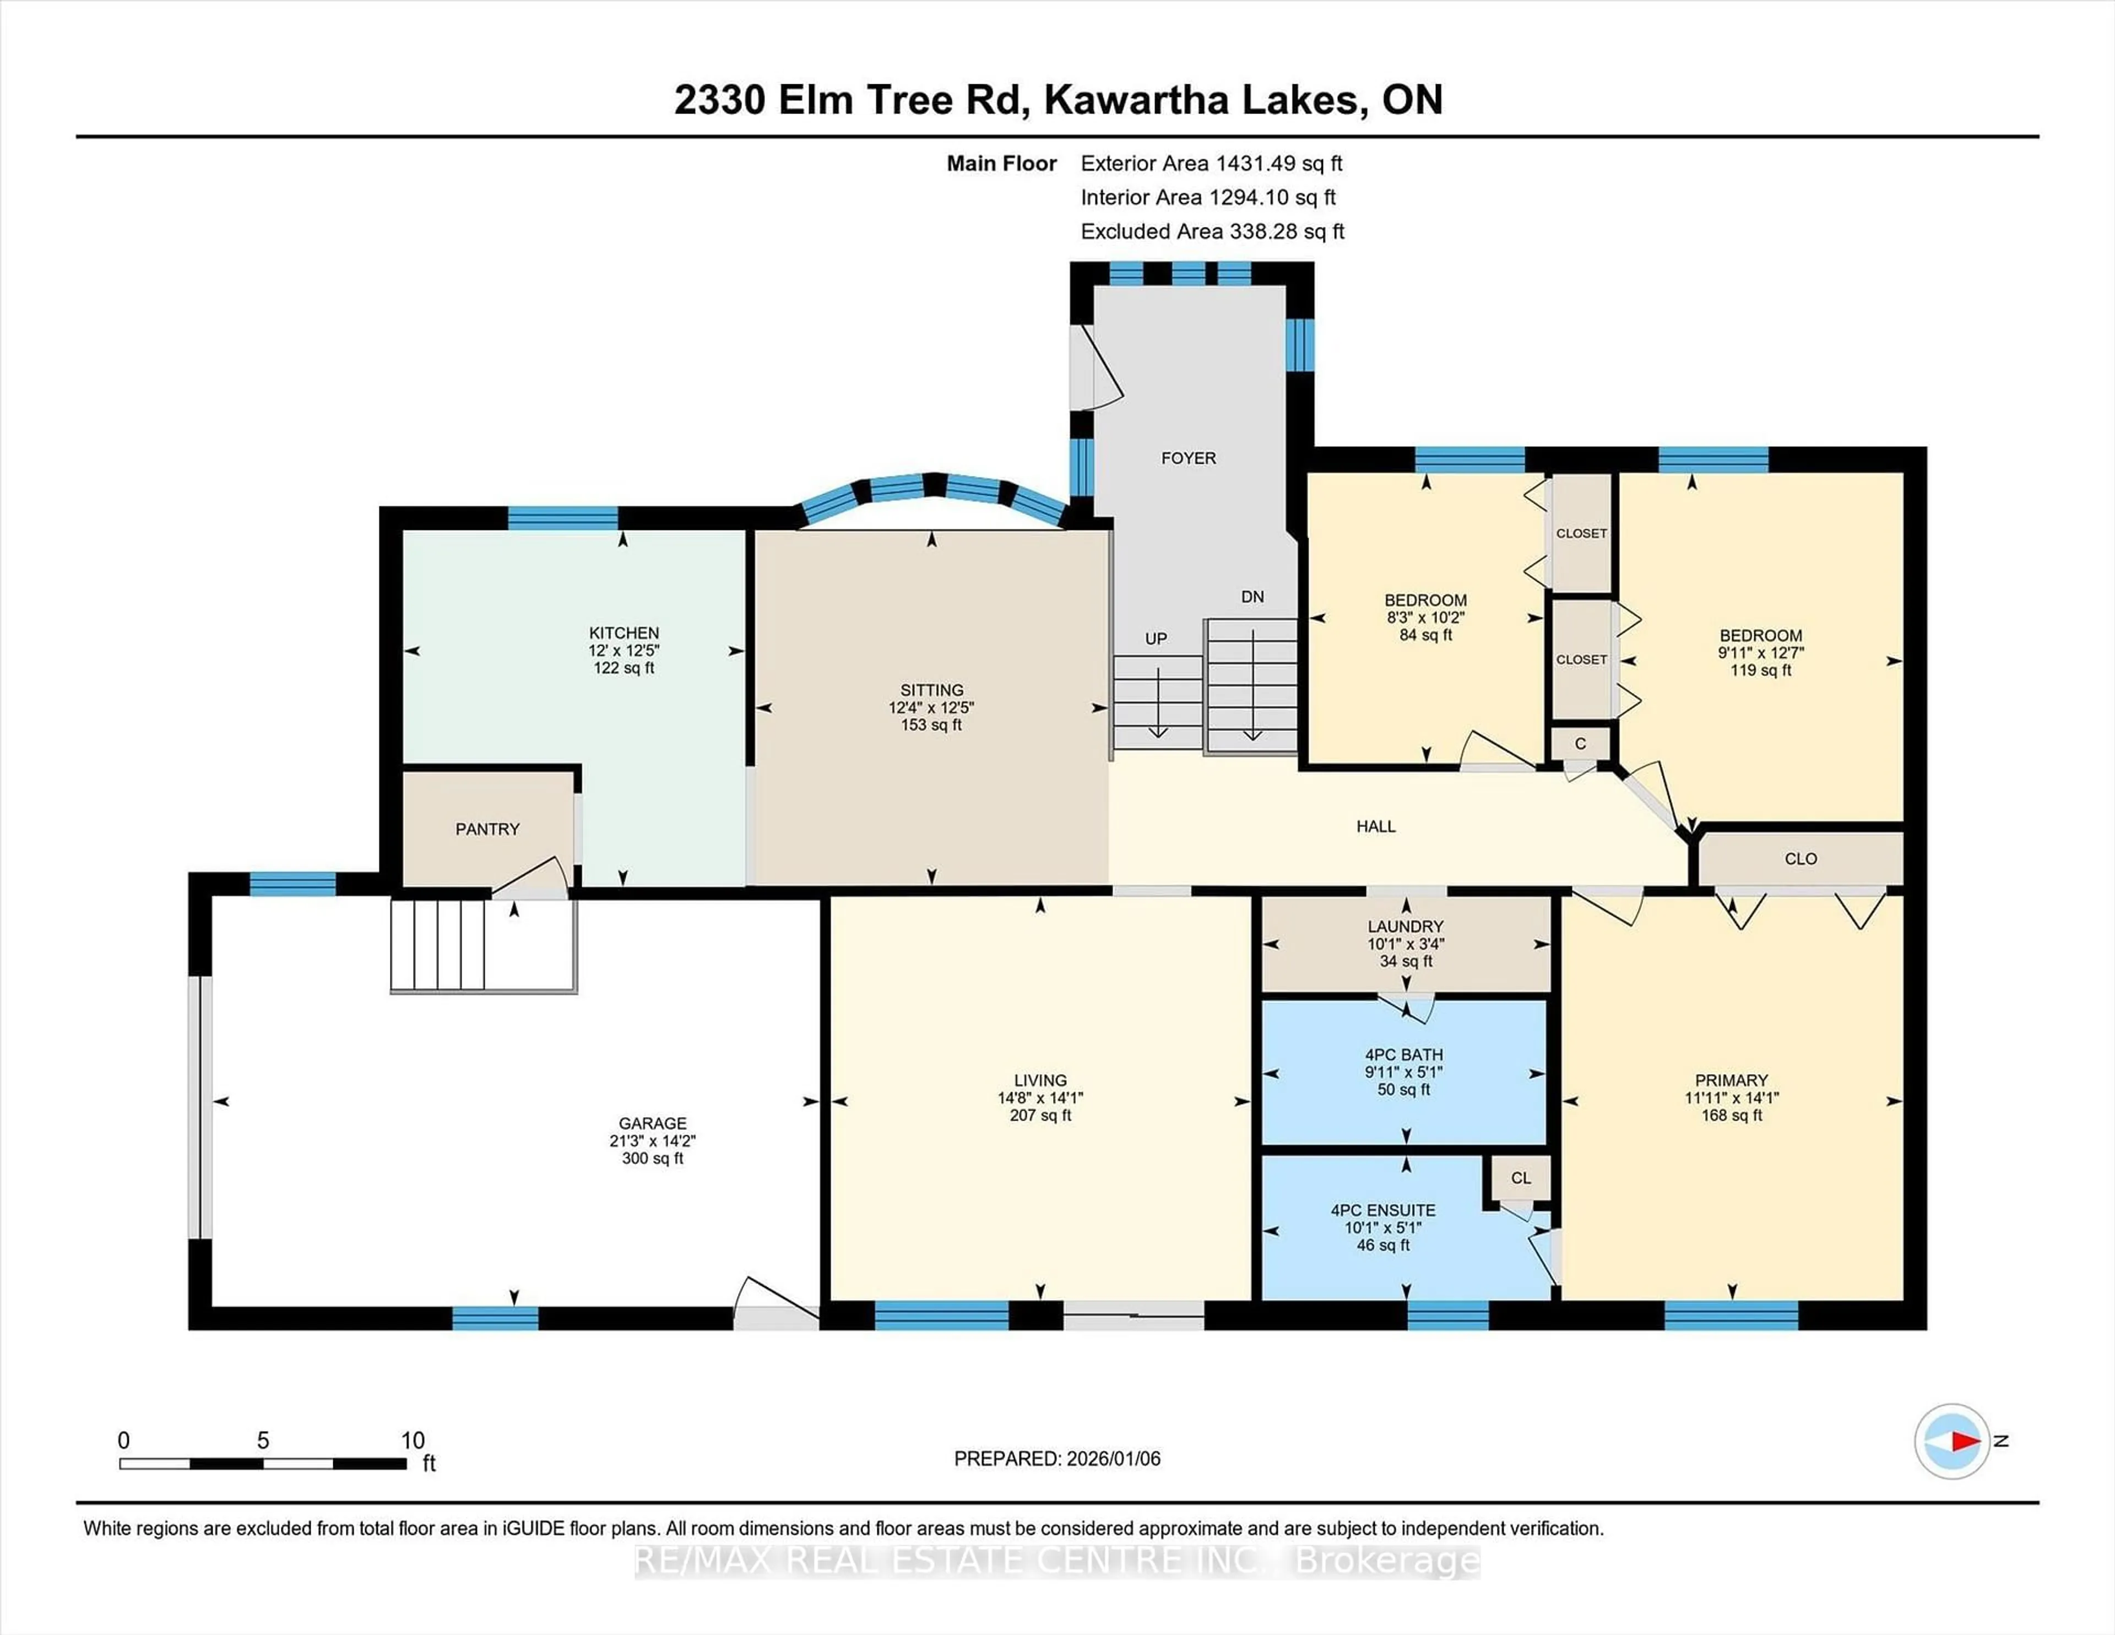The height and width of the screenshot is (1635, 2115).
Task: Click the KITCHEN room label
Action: point(623,632)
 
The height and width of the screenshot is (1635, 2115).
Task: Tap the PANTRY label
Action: point(487,829)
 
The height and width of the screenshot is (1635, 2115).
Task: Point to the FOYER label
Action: point(1188,458)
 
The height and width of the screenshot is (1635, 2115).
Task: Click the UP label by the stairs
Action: point(1156,639)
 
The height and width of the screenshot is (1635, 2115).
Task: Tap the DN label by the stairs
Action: point(1252,597)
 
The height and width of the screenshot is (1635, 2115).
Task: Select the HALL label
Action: point(1375,826)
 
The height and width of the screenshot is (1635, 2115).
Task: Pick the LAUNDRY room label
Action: point(1405,926)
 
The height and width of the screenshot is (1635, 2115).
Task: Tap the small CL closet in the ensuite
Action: point(1520,1178)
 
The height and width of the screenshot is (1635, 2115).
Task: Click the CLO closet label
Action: point(1801,859)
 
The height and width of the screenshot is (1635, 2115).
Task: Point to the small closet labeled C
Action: point(1580,744)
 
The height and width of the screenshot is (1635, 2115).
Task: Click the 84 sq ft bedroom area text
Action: point(1425,635)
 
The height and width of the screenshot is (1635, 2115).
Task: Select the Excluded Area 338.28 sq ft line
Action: point(1212,231)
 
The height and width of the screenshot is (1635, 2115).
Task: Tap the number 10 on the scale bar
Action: point(413,1441)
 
